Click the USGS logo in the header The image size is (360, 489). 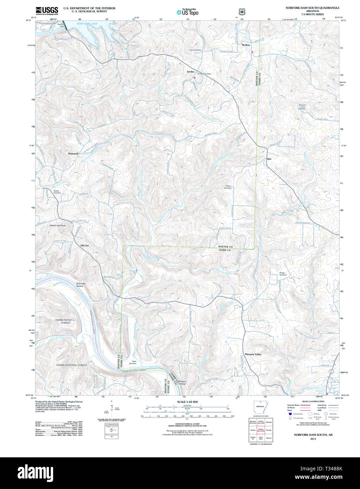pos(47,11)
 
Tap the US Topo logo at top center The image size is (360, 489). pos(188,12)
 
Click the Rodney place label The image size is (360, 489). pos(246,45)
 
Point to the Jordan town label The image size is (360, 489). pos(190,71)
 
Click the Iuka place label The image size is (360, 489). pos(269,159)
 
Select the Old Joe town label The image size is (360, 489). pos(85,245)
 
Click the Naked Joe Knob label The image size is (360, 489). pos(57,225)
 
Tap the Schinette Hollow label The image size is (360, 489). pos(80,285)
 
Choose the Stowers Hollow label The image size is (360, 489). pos(182,382)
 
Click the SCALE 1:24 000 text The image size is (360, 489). pos(187,402)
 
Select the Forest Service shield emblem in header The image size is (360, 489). pos(241,12)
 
